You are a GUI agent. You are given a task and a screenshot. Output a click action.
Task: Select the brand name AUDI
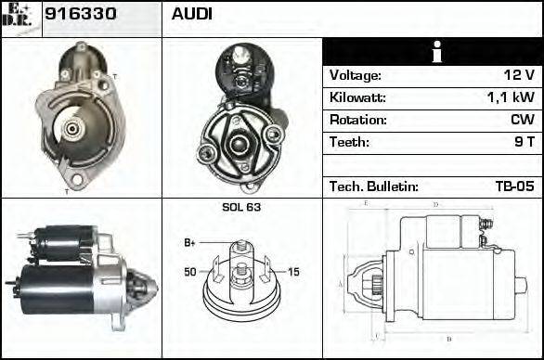click(x=192, y=15)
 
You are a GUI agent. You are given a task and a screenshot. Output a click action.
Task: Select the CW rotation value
click(x=522, y=121)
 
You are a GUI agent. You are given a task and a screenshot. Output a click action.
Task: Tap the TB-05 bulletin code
click(x=514, y=186)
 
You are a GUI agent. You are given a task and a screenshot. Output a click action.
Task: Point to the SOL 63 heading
click(x=241, y=207)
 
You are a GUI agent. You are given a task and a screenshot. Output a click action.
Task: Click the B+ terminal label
click(x=189, y=243)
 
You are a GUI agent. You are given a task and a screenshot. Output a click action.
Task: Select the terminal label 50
click(x=190, y=272)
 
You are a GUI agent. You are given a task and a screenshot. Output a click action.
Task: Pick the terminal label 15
click(x=293, y=272)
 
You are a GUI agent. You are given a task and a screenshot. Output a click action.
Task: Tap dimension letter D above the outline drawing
click(x=434, y=204)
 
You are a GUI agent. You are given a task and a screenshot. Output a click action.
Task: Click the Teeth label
click(x=349, y=143)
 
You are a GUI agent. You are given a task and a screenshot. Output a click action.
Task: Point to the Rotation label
click(x=356, y=121)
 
